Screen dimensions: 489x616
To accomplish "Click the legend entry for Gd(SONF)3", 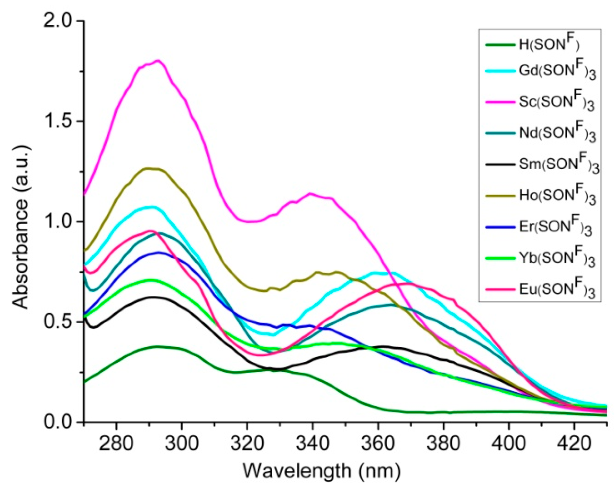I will coord(557,71).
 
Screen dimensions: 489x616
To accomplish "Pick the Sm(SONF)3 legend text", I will coord(559,165).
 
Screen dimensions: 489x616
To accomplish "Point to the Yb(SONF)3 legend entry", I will coord(557,258).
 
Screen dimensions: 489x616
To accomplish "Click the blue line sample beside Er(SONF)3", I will coord(500,227).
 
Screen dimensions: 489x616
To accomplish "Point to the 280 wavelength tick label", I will coord(116,444).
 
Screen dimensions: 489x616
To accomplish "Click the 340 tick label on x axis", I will coord(312,444).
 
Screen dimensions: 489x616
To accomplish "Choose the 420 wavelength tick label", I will coord(574,444).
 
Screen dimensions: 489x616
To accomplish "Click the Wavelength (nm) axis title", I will coord(321,470).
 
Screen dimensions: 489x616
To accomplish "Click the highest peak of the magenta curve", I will coord(158,61).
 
